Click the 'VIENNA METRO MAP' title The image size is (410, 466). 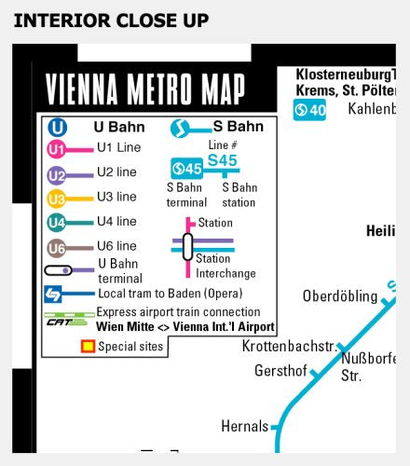pyautogui.click(x=145, y=90)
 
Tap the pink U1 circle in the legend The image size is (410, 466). pyautogui.click(x=57, y=148)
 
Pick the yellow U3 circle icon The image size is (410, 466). pyautogui.click(x=57, y=198)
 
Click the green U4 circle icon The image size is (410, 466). pyautogui.click(x=57, y=222)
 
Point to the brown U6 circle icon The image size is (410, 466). pyautogui.click(x=57, y=247)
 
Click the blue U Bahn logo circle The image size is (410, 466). pyautogui.click(x=58, y=127)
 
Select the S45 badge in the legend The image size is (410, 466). pyautogui.click(x=186, y=169)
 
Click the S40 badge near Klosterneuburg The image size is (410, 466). pyautogui.click(x=310, y=110)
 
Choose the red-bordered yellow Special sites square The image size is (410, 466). pyautogui.click(x=87, y=347)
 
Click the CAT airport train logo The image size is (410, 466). pyautogui.click(x=61, y=319)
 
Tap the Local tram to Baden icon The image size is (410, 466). pyautogui.click(x=56, y=294)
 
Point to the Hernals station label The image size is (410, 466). pyautogui.click(x=244, y=426)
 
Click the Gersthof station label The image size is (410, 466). pyautogui.click(x=280, y=371)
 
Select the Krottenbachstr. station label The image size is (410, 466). pyautogui.click(x=288, y=347)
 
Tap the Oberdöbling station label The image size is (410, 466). pyautogui.click(x=340, y=296)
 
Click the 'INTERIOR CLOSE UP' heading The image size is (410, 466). pyautogui.click(x=111, y=20)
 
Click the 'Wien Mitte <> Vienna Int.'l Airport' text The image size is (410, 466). pyautogui.click(x=185, y=327)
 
